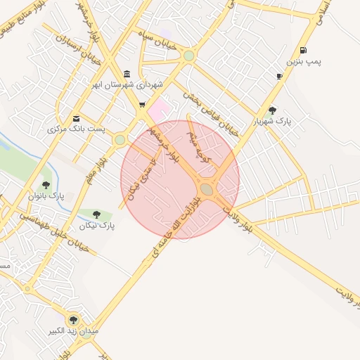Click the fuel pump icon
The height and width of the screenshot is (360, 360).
point(303,50)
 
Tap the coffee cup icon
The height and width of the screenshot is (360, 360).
point(279,76)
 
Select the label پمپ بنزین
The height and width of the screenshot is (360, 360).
point(307,63)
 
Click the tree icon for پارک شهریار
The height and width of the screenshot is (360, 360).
point(272,109)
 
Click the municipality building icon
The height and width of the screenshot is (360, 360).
point(127,74)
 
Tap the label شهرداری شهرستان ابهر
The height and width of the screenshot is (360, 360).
point(127,85)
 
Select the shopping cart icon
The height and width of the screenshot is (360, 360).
point(143,105)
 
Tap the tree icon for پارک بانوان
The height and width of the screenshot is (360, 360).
point(46,185)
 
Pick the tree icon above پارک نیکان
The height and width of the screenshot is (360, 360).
point(96,214)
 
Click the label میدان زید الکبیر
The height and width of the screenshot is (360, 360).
point(74,330)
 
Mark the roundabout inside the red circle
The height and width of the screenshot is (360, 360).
point(207,188)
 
